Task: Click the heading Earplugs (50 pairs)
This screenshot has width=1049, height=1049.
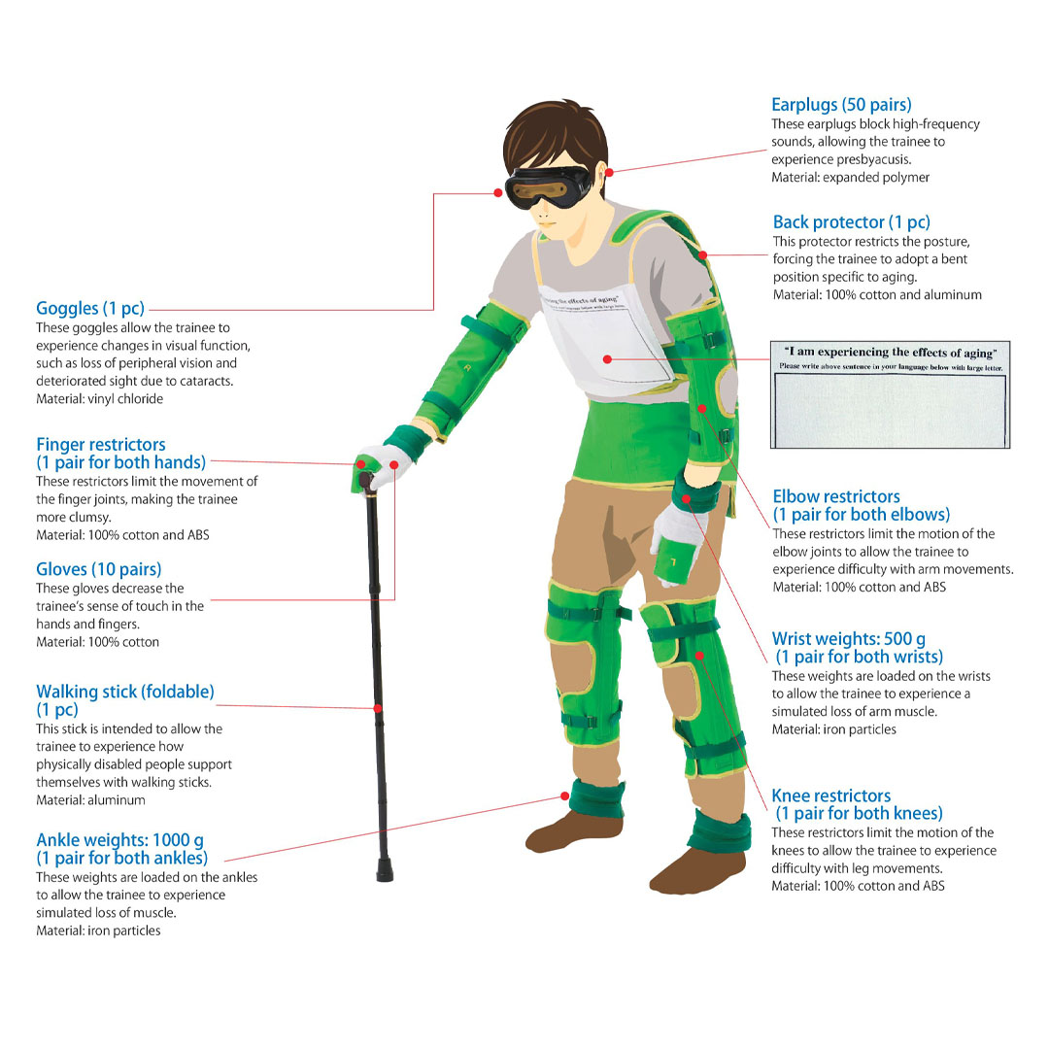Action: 841,105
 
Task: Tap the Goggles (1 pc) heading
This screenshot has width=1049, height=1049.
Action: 90,309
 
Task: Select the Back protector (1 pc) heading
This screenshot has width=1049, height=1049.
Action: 851,222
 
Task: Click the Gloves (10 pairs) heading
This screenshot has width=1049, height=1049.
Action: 99,569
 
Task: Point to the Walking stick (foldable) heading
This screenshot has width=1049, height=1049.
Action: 125,692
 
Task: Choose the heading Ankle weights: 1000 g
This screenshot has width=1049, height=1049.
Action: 119,840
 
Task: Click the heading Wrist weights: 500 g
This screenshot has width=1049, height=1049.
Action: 848,639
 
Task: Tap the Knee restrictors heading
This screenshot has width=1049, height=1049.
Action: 830,796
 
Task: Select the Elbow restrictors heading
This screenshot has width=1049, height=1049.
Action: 836,496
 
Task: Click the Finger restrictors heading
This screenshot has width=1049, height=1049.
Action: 101,445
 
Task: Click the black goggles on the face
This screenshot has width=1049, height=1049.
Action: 549,185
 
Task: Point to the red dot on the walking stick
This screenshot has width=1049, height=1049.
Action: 377,708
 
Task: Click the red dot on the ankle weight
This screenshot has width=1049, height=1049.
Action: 566,796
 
